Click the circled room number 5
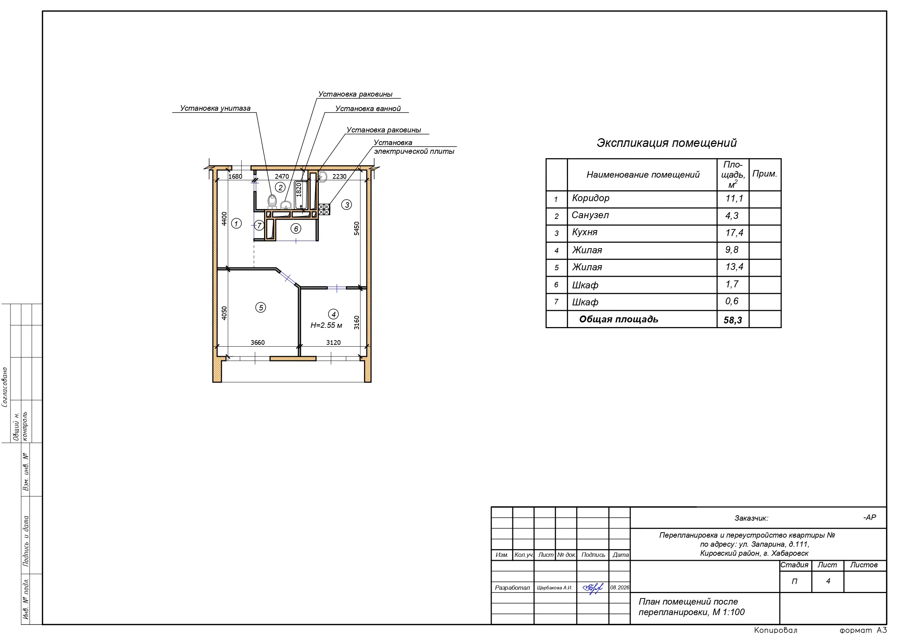[x=260, y=308]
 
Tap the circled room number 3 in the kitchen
[x=347, y=205]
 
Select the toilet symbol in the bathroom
[x=272, y=201]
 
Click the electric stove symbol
[x=324, y=209]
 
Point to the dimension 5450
[x=357, y=228]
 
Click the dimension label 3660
[x=257, y=343]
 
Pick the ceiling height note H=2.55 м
[x=326, y=325]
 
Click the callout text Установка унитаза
[x=215, y=109]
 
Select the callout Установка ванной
[x=368, y=109]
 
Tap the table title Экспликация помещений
[x=666, y=143]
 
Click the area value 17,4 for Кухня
[x=734, y=233]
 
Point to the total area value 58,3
[x=733, y=320]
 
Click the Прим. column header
[x=764, y=174]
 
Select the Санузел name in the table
[x=590, y=215]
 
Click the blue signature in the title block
[x=593, y=588]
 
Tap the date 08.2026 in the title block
[x=619, y=587]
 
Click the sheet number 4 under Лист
[x=828, y=581]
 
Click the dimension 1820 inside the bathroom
[x=299, y=190]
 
